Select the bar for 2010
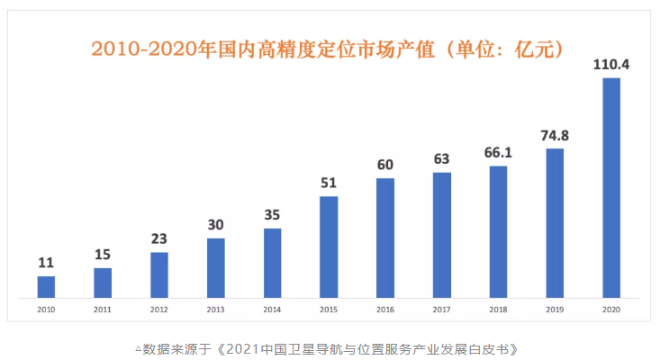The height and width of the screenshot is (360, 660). point(46,286)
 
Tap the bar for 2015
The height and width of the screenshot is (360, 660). point(329,247)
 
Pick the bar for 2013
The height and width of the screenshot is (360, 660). point(216,267)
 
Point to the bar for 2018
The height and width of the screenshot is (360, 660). point(498,231)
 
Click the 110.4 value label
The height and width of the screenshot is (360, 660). point(610,66)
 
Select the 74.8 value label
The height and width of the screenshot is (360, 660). point(555,136)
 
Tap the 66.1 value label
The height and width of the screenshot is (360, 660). point(498,153)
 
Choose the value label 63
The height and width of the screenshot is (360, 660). point(441,159)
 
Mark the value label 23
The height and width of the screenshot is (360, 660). point(159,239)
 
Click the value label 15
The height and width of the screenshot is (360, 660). point(103,256)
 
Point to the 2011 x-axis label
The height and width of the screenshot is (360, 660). point(103,309)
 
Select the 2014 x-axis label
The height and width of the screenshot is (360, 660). point(272,309)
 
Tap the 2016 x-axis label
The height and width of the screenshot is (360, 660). point(385,309)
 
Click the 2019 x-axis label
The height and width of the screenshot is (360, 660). point(555,309)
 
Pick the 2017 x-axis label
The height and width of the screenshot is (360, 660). point(441,309)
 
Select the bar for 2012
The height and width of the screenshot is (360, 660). point(159,274)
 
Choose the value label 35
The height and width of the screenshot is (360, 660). point(272,215)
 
